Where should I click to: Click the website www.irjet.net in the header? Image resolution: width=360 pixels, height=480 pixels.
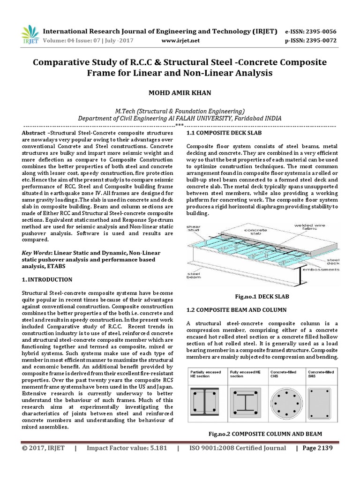click(180, 41)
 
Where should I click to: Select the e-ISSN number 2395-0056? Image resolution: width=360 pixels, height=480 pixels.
click(321, 31)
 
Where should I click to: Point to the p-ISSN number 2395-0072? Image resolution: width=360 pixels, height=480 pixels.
click(321, 41)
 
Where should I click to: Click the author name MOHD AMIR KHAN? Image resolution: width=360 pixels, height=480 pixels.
click(180, 93)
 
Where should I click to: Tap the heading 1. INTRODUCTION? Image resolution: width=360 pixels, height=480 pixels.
click(47, 280)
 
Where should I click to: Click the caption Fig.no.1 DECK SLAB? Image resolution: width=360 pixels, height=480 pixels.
click(261, 297)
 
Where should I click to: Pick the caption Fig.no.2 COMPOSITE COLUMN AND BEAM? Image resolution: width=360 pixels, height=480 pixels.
click(265, 434)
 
